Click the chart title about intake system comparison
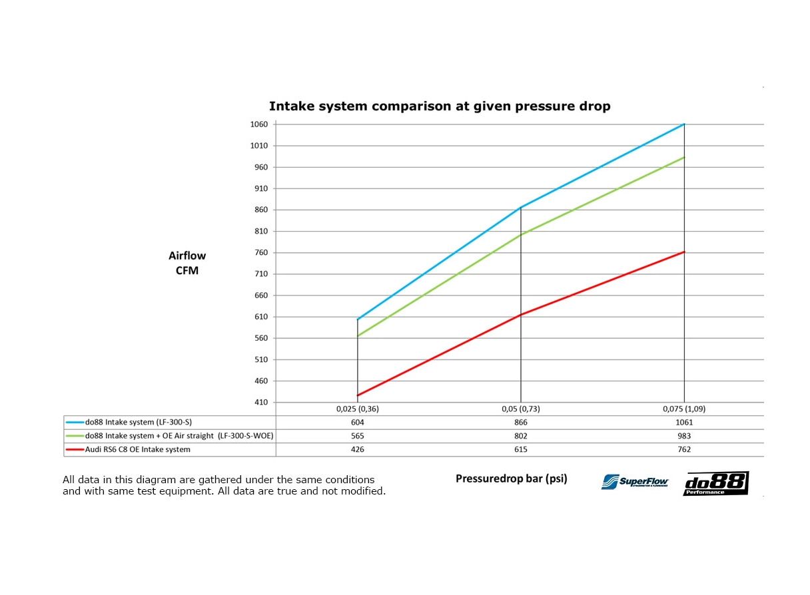(x=439, y=106)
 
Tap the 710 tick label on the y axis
(x=261, y=274)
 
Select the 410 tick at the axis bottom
(x=261, y=403)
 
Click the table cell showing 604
(x=358, y=422)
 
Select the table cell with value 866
(x=521, y=422)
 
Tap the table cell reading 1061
(x=684, y=422)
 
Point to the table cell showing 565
(x=358, y=436)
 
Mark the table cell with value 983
(x=684, y=436)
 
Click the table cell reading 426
(x=358, y=449)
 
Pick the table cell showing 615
(x=521, y=449)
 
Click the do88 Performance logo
(x=715, y=483)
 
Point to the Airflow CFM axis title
(x=187, y=263)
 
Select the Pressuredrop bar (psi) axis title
(x=511, y=479)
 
